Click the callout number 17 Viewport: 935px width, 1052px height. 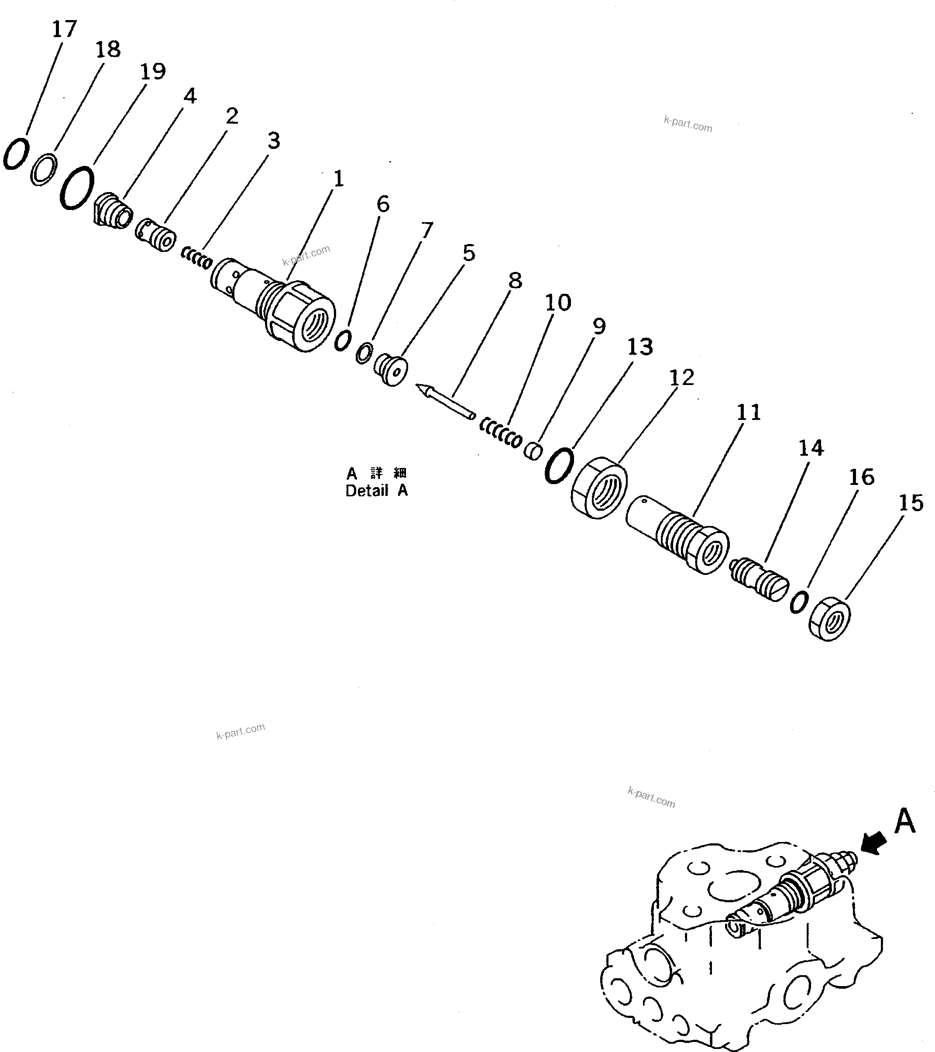[64, 29]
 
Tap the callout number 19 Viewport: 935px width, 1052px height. [153, 72]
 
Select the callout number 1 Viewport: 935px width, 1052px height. [338, 179]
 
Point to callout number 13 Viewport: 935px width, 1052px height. [639, 347]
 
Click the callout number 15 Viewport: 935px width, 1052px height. [911, 503]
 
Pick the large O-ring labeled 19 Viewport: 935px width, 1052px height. [77, 187]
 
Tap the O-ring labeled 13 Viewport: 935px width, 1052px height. [559, 465]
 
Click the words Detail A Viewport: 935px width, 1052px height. [376, 491]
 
